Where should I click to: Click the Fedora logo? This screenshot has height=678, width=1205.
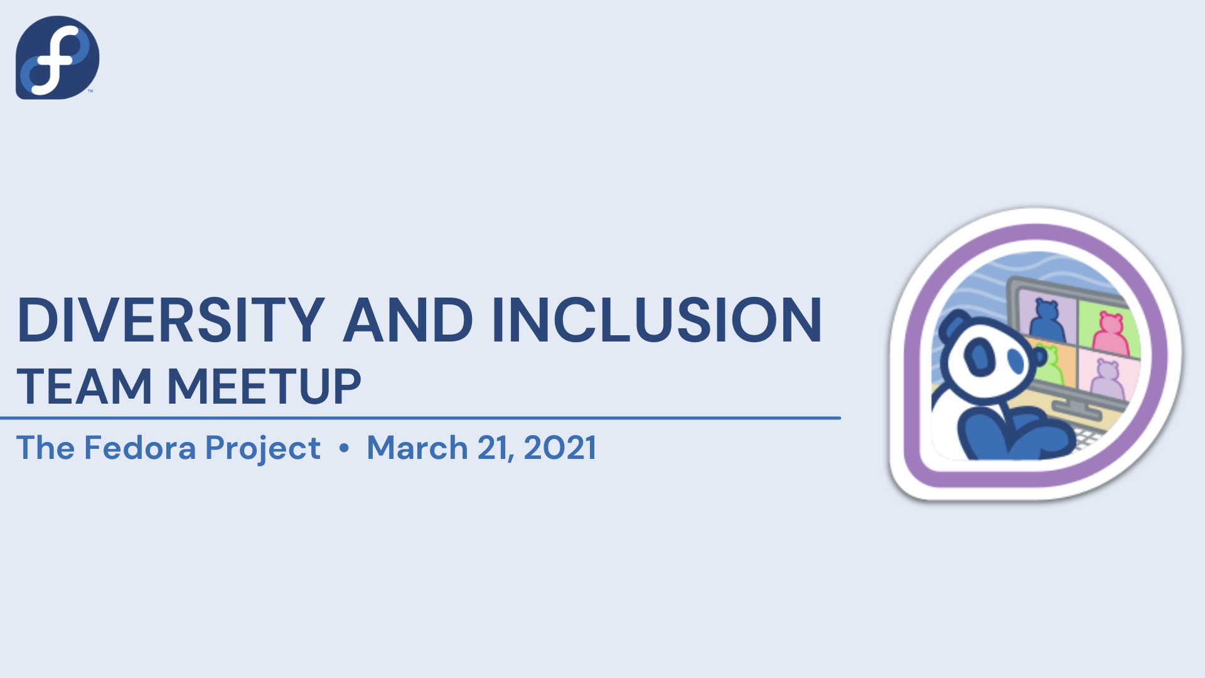pyautogui.click(x=57, y=57)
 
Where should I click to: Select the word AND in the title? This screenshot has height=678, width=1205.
pyautogui.click(x=408, y=320)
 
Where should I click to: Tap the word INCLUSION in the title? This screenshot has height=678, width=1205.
pyautogui.click(x=656, y=320)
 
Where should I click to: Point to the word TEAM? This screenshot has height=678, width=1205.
pyautogui.click(x=84, y=386)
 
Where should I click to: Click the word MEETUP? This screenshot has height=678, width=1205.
pyautogui.click(x=264, y=386)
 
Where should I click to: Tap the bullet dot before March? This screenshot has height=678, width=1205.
pyautogui.click(x=344, y=448)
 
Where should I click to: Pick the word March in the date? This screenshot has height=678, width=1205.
pyautogui.click(x=417, y=448)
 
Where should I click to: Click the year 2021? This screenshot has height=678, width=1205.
pyautogui.click(x=560, y=448)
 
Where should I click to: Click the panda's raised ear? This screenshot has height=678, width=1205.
pyautogui.click(x=953, y=326)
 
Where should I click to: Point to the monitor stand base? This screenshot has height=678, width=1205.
pyautogui.click(x=1077, y=409)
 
